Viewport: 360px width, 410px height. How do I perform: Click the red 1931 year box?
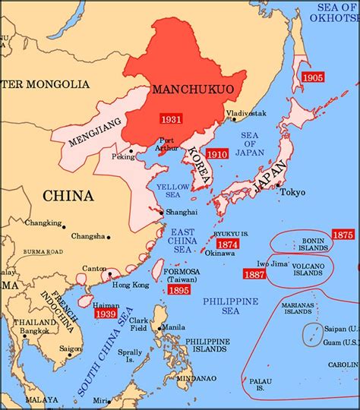pos(171,119)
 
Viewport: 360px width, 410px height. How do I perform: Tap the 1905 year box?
pos(312,77)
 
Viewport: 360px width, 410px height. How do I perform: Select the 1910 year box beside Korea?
pos(217,153)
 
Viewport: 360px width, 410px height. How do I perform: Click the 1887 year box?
pos(254,273)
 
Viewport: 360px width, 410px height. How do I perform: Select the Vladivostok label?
pos(245,113)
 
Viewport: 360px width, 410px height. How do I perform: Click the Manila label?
pos(172,327)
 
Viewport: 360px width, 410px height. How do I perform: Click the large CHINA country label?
pos(68,196)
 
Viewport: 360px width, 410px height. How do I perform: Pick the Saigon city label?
pos(72,348)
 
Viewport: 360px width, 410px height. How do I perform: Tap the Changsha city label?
pos(90,236)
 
